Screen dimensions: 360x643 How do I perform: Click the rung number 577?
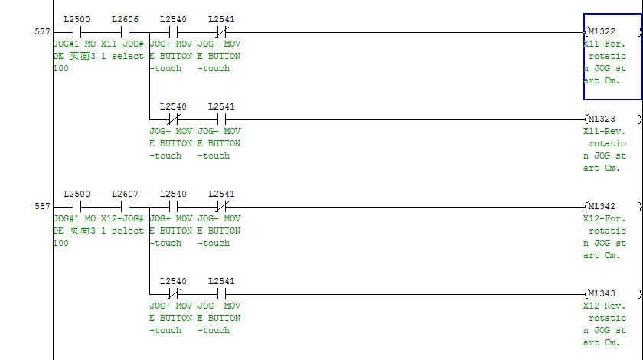pyautogui.click(x=42, y=32)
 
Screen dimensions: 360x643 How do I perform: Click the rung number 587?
pyautogui.click(x=42, y=207)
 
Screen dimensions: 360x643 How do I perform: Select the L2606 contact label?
pyautogui.click(x=125, y=18)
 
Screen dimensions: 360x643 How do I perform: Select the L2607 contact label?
pyautogui.click(x=125, y=194)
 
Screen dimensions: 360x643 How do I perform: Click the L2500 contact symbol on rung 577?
pyautogui.click(x=77, y=32)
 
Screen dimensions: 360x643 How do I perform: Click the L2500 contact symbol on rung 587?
pyautogui.click(x=77, y=207)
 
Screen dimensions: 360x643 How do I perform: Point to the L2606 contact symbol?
pyautogui.click(x=125, y=32)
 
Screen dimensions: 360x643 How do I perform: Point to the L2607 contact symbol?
pyautogui.click(x=125, y=207)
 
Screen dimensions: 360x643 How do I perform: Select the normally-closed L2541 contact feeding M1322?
pyautogui.click(x=221, y=32)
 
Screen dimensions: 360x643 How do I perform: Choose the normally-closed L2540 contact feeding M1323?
pyautogui.click(x=173, y=119)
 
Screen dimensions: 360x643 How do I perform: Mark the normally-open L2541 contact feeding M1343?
pyautogui.click(x=221, y=294)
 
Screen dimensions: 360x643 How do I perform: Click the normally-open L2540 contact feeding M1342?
pyautogui.click(x=173, y=207)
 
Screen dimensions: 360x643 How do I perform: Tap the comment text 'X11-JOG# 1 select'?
pyautogui.click(x=122, y=51)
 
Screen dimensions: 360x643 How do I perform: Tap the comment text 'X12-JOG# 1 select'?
pyautogui.click(x=122, y=225)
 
